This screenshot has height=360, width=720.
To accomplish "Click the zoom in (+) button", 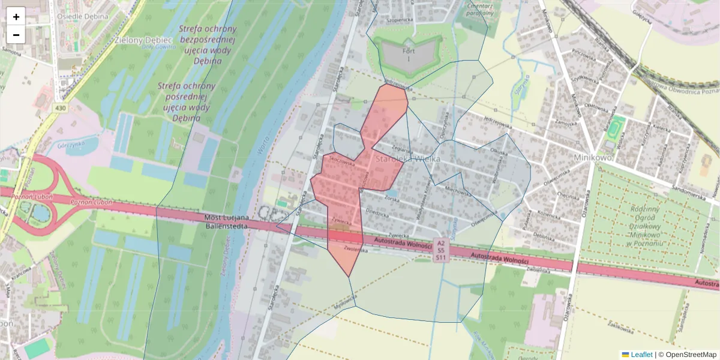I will click(16, 17).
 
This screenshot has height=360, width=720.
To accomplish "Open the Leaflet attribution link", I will click(641, 355).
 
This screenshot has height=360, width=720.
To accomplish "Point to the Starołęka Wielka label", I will click(407, 159).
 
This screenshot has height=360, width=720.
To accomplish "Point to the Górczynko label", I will click(71, 145).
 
